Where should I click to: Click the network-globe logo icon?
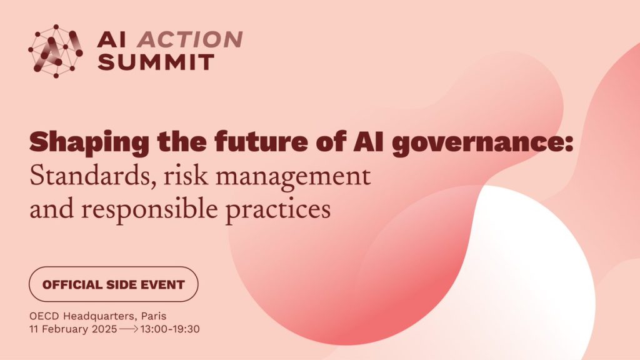coord(56,51)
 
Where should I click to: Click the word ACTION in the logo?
coord(190,39)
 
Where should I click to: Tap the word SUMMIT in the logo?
coord(156,61)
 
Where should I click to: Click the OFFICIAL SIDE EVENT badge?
coord(114,285)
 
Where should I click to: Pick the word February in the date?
coord(63,329)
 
